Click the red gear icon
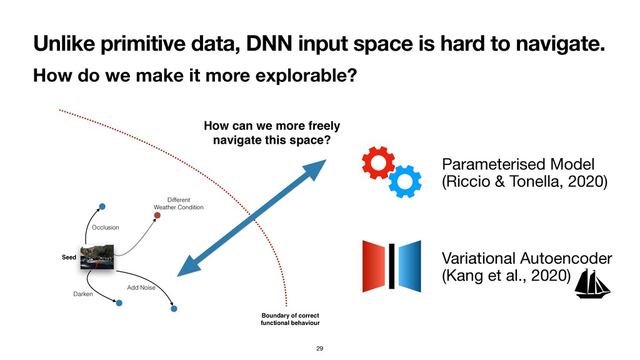(x=378, y=162)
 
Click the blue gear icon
(x=405, y=182)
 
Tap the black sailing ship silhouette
(x=592, y=284)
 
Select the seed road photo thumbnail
(x=97, y=257)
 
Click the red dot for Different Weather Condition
(x=157, y=215)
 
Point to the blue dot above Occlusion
(x=102, y=206)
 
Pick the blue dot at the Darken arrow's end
(x=119, y=303)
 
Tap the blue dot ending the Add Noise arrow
(x=174, y=309)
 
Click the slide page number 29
(x=319, y=349)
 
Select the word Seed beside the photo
(x=69, y=257)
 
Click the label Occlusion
(x=105, y=227)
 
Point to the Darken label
(x=83, y=294)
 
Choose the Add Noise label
(x=141, y=287)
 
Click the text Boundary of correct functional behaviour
(x=290, y=319)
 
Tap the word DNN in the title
(x=269, y=44)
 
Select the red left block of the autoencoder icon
(x=374, y=266)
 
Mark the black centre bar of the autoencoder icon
(x=392, y=266)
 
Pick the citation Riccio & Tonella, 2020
(x=525, y=181)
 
